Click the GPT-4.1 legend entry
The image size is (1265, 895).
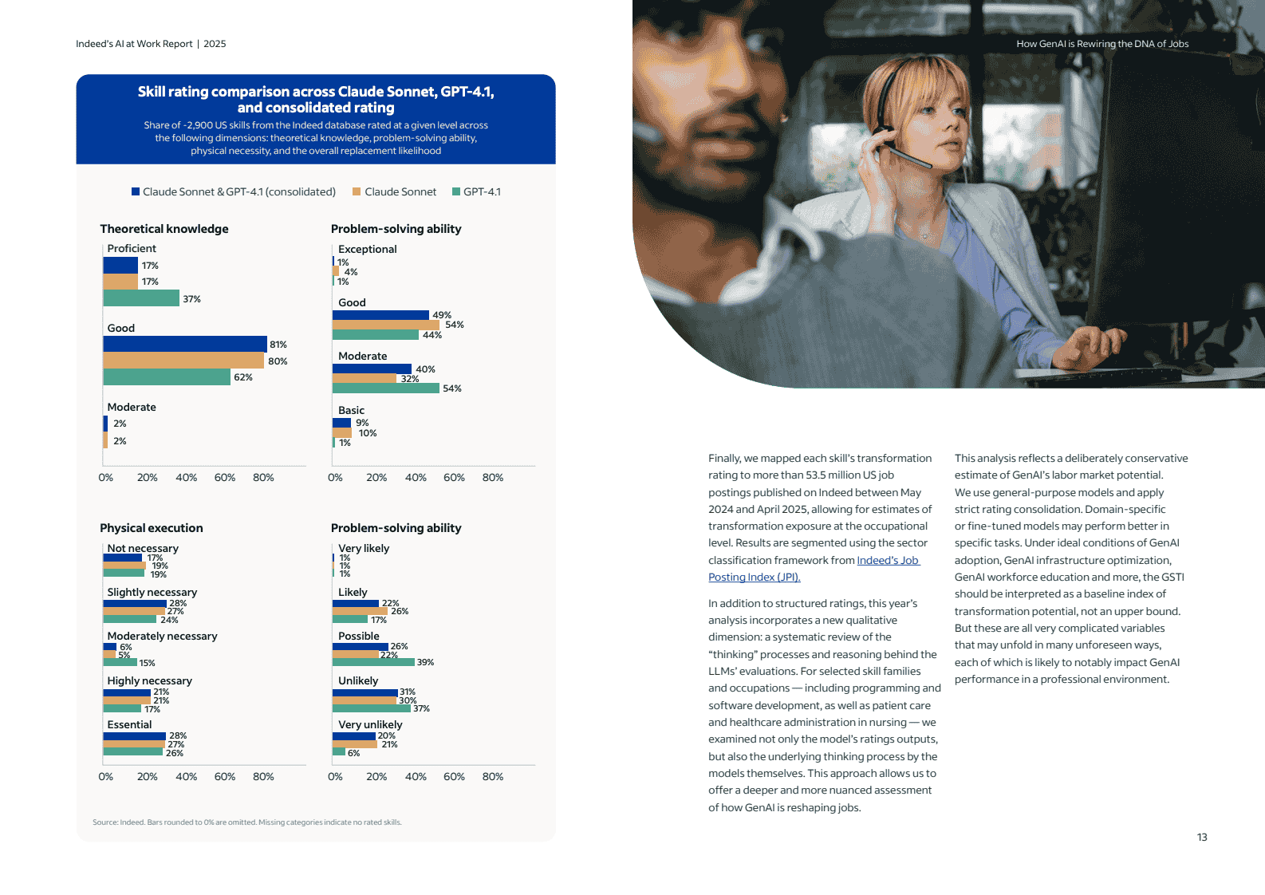coord(477,191)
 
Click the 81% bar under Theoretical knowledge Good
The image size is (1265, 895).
coord(185,344)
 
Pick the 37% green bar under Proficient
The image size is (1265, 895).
coord(141,298)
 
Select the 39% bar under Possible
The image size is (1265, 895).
coord(373,662)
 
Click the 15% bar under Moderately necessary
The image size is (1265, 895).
coord(120,662)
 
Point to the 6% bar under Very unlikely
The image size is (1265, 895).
coord(339,752)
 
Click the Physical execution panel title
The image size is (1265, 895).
coord(152,528)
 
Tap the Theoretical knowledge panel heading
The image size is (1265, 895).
coord(164,229)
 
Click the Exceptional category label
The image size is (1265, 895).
coord(367,249)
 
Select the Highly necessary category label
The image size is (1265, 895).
coord(149,680)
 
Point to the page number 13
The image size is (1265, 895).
coord(1202,837)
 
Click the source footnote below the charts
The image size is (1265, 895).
coord(247,822)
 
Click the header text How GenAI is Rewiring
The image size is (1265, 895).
coord(1102,44)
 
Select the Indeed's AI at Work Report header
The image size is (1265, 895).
coord(151,44)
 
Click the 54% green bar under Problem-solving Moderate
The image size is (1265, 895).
coord(386,388)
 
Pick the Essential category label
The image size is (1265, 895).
coord(129,724)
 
